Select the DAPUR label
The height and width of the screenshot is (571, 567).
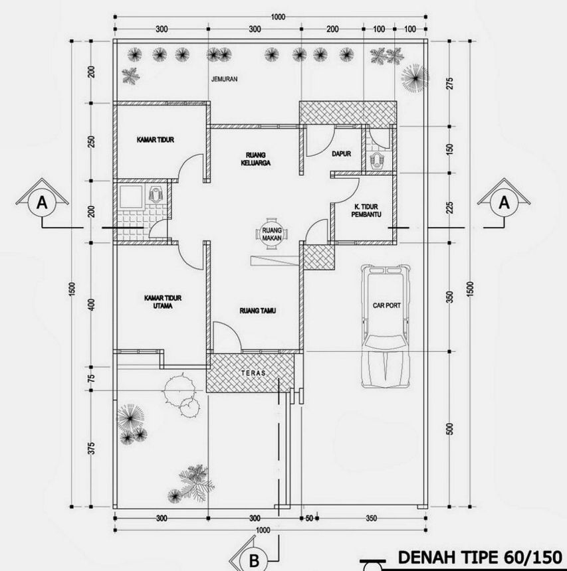pyautogui.click(x=341, y=153)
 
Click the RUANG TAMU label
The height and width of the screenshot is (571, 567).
pyautogui.click(x=258, y=310)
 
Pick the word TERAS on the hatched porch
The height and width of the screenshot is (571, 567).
pyautogui.click(x=251, y=373)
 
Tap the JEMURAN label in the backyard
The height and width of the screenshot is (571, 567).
pyautogui.click(x=224, y=79)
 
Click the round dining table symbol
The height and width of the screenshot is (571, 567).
pyautogui.click(x=269, y=234)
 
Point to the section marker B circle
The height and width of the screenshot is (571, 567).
pyautogui.click(x=254, y=560)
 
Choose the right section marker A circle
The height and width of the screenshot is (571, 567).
pyautogui.click(x=503, y=203)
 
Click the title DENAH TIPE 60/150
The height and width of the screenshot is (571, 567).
pyautogui.click(x=479, y=556)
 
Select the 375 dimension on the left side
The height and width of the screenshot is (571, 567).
pyautogui.click(x=92, y=449)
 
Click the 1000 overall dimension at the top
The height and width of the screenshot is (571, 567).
pyautogui.click(x=278, y=17)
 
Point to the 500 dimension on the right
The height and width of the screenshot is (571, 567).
pyautogui.click(x=449, y=429)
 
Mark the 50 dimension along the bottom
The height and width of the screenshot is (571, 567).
pyautogui.click(x=309, y=518)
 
